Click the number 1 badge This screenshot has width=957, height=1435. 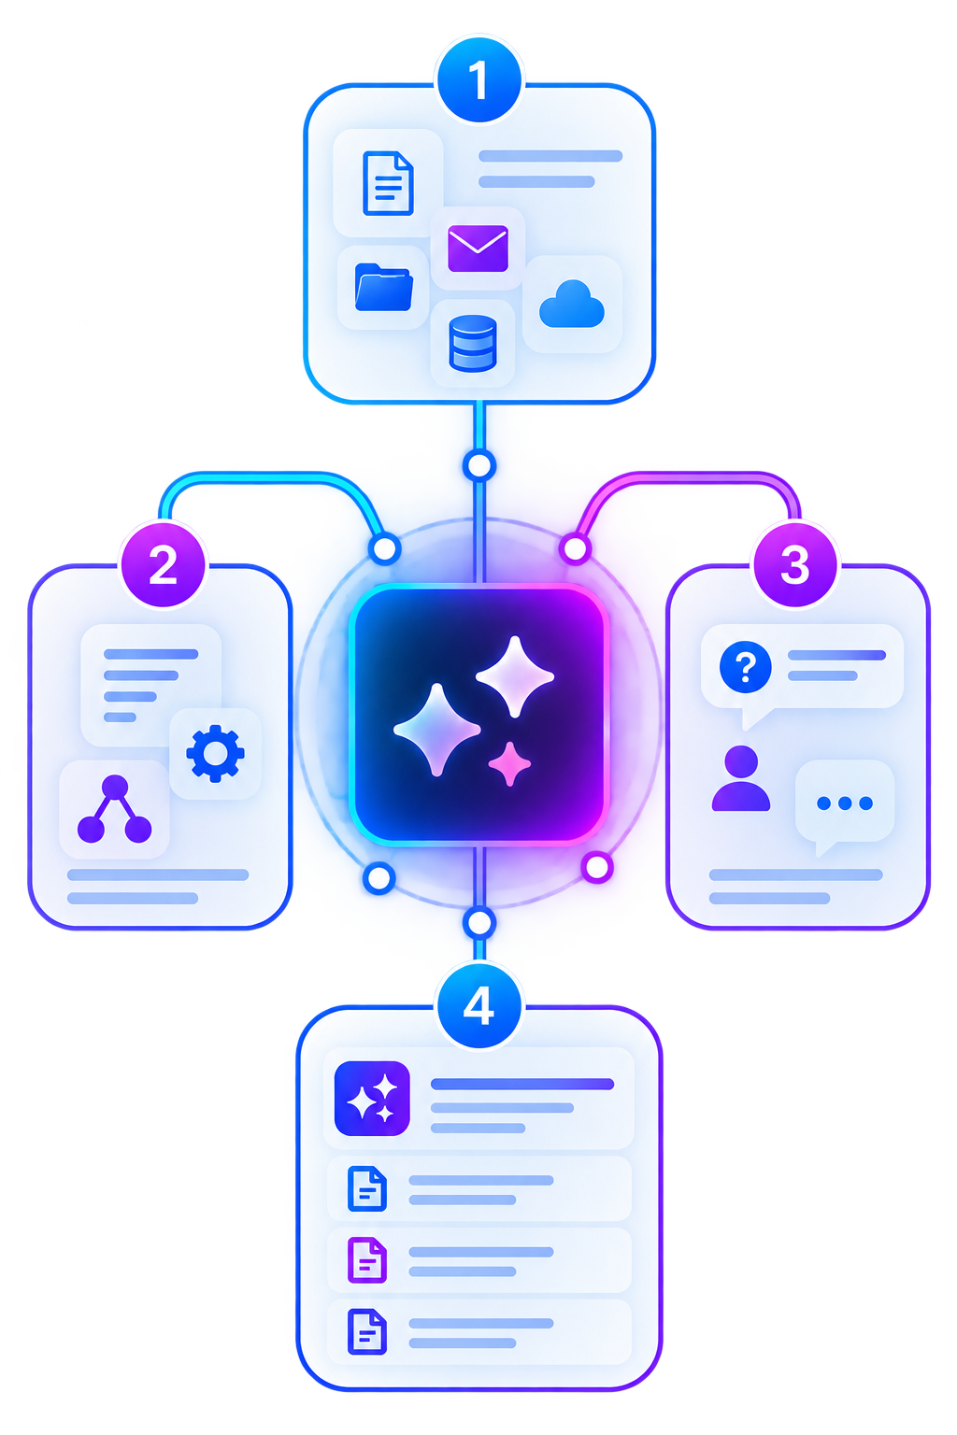[478, 80]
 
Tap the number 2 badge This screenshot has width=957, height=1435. [164, 564]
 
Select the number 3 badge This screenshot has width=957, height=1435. [794, 564]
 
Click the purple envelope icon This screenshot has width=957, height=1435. [478, 249]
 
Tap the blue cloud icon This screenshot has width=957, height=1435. [571, 305]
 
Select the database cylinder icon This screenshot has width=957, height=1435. [472, 344]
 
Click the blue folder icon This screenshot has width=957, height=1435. [383, 287]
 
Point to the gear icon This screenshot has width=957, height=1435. [215, 753]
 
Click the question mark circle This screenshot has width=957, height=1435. [745, 667]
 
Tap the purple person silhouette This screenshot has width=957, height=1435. [740, 778]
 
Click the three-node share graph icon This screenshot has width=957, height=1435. [115, 809]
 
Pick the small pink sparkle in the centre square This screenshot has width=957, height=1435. [509, 763]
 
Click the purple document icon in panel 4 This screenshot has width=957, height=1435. [366, 1259]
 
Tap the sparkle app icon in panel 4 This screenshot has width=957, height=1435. [372, 1098]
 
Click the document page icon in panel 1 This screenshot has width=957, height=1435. [388, 183]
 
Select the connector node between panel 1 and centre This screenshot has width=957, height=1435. [479, 466]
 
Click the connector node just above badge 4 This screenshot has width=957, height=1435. [478, 923]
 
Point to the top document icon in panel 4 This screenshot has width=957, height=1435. [366, 1188]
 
